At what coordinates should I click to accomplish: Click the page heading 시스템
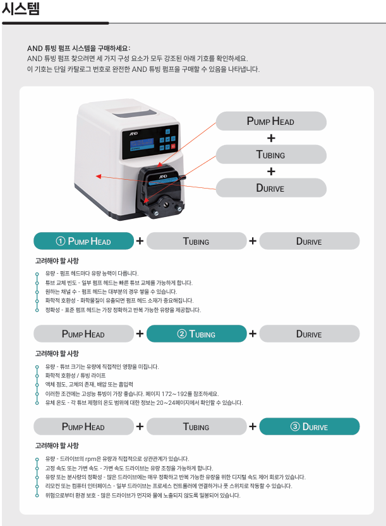click(x=20, y=9)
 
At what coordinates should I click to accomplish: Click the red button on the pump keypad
click(x=172, y=146)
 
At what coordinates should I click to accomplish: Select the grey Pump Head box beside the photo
click(x=271, y=121)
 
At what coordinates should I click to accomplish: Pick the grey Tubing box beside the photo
click(x=271, y=155)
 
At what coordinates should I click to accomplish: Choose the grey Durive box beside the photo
click(x=271, y=188)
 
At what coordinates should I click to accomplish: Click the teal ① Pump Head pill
click(x=83, y=241)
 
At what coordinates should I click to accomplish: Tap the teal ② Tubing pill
click(x=196, y=334)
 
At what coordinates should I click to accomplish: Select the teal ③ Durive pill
click(x=309, y=426)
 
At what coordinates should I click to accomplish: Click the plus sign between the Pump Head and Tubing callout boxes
click(x=271, y=138)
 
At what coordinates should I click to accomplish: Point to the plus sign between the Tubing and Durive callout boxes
click(x=271, y=172)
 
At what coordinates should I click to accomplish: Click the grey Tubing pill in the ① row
click(x=196, y=241)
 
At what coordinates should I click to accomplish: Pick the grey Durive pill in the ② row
click(x=309, y=334)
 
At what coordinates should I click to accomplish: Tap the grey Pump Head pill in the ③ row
click(x=83, y=426)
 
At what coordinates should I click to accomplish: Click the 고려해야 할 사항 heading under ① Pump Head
click(x=57, y=260)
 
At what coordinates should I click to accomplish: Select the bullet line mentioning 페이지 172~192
click(x=133, y=393)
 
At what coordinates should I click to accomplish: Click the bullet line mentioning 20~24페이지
click(x=144, y=402)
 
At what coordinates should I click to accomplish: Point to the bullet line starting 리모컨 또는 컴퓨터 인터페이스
click(x=168, y=486)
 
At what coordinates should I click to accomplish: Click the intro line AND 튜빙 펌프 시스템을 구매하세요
click(x=78, y=48)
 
